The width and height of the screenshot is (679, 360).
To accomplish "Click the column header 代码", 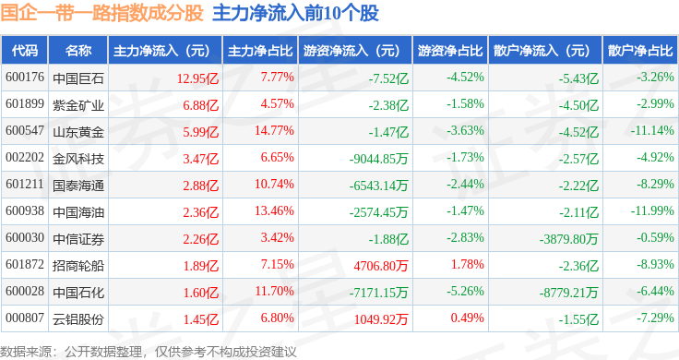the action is (x=25, y=51).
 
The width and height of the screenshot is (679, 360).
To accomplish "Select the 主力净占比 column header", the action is (x=260, y=51).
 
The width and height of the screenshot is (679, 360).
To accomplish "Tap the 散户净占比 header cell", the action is (x=640, y=51).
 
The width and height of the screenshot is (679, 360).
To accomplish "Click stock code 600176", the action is (x=25, y=78).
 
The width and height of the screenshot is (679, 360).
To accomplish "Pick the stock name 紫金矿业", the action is (x=78, y=105).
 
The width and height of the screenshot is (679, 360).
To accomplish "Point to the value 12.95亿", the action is (x=198, y=78).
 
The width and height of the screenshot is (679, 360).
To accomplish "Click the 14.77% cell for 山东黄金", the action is (x=274, y=130).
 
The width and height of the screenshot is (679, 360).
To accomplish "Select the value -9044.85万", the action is (x=379, y=159).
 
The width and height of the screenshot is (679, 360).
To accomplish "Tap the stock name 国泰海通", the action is (x=78, y=186).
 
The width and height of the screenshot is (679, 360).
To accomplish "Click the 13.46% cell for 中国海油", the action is (x=274, y=210).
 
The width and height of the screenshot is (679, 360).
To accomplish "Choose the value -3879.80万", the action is (x=569, y=239).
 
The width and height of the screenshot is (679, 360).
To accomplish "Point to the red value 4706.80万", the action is (x=381, y=266).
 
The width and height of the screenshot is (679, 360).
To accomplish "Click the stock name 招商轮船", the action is (x=78, y=266).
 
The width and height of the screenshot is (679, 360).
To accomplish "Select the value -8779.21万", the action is (x=569, y=293).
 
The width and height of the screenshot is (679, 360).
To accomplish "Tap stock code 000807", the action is (x=25, y=318).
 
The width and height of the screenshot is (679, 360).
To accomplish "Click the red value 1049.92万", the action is (x=381, y=319).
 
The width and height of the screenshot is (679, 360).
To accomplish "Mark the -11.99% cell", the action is (x=652, y=210).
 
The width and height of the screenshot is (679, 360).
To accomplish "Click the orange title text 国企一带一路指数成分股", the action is (x=101, y=13).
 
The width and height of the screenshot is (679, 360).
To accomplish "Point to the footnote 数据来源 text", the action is (x=26, y=352).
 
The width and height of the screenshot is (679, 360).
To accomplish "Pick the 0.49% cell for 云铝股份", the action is (x=467, y=318).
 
